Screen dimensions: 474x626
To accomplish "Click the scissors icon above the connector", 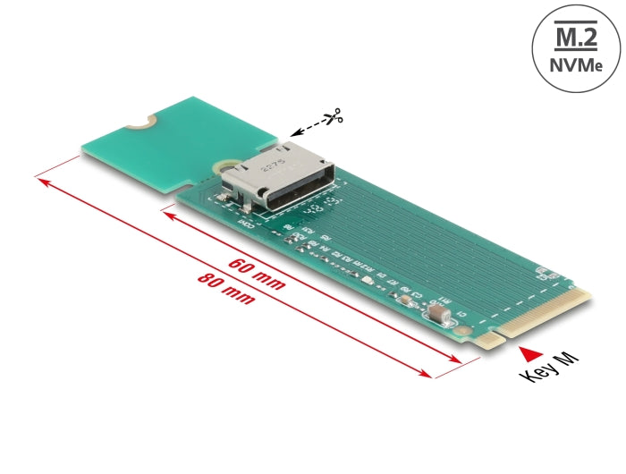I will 333,116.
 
